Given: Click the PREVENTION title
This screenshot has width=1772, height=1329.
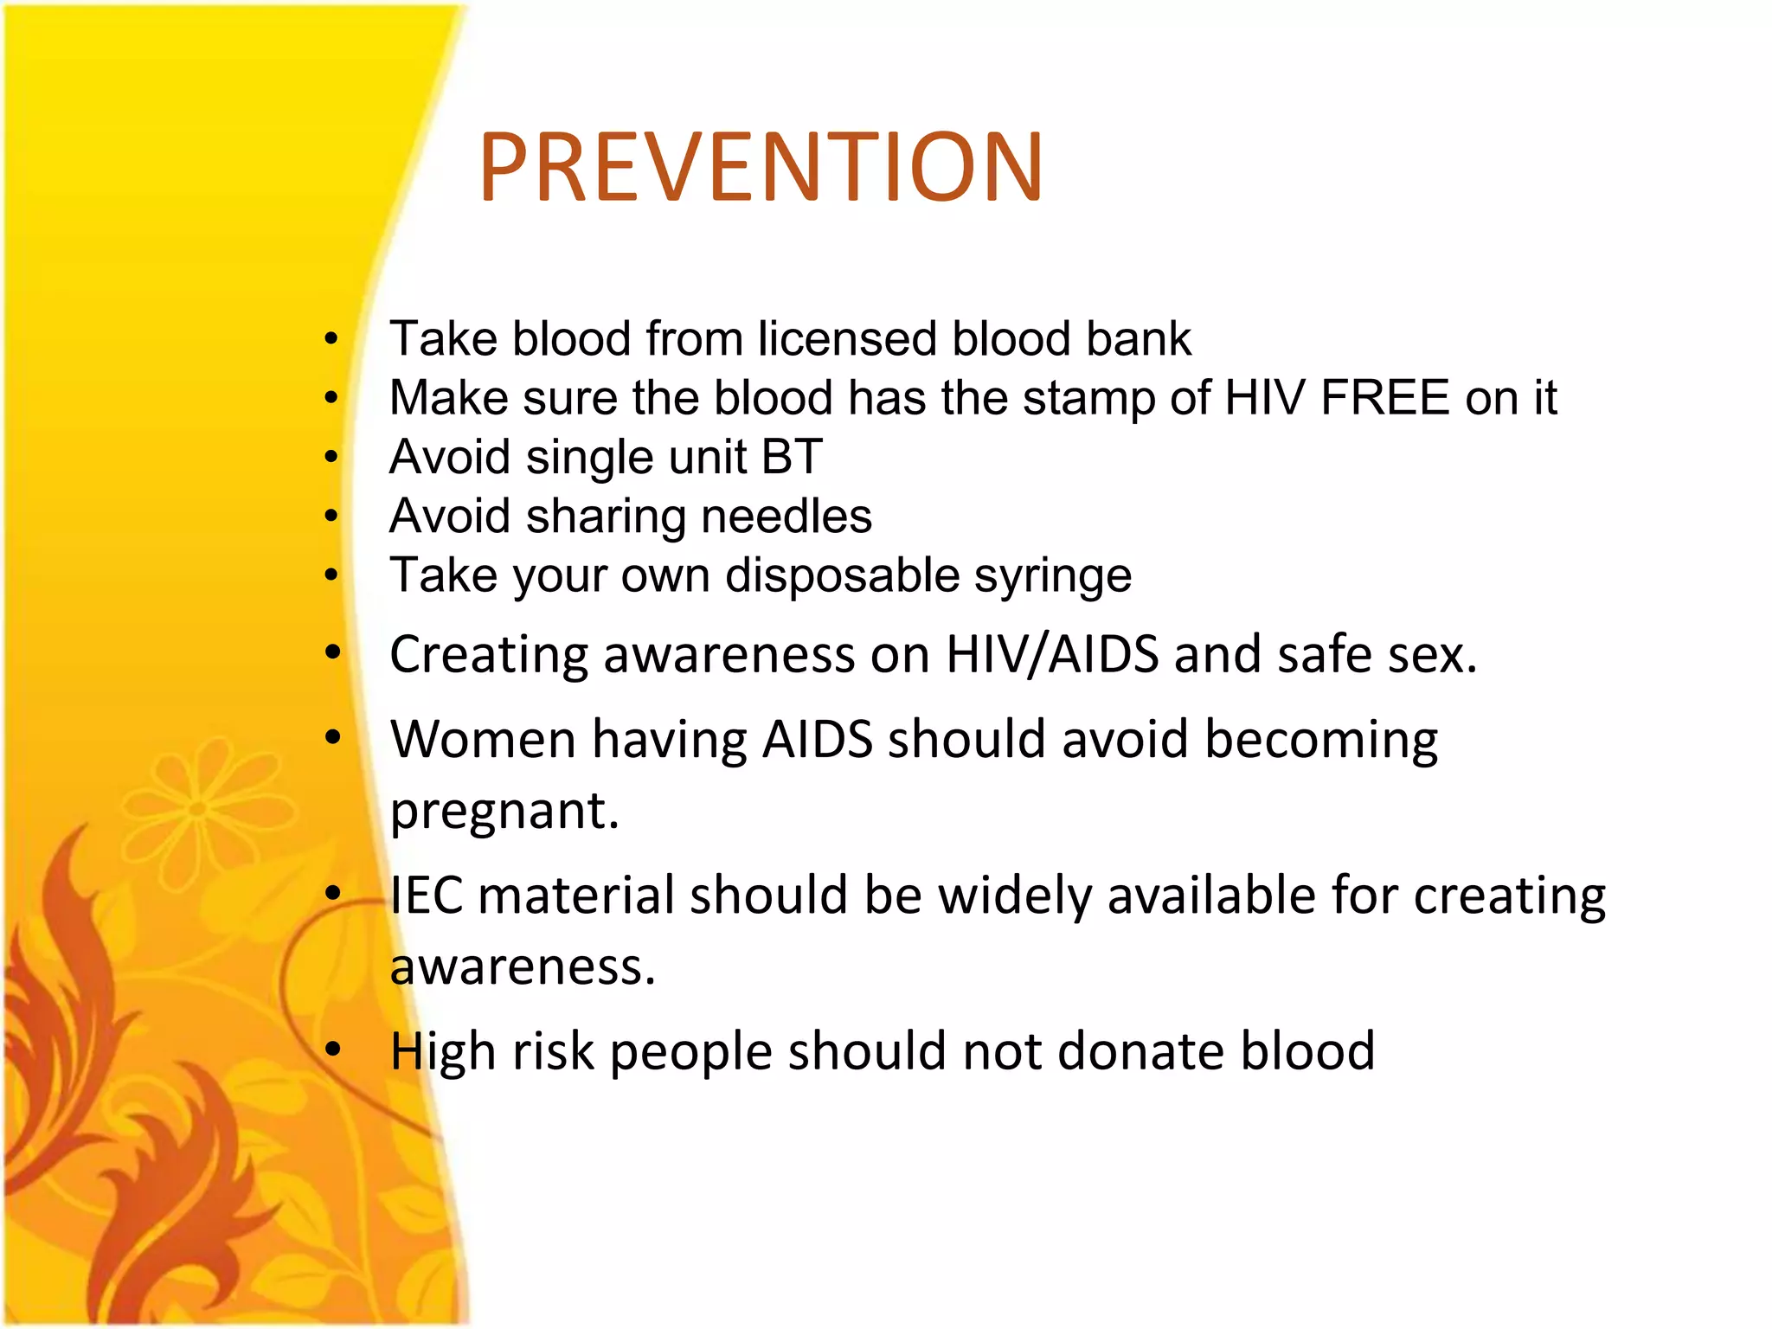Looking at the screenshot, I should tap(761, 167).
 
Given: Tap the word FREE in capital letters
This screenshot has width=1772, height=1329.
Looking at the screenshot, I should tap(1385, 398).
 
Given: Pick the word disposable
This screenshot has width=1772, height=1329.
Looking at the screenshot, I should tap(843, 575).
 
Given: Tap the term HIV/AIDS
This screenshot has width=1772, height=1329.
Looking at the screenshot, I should tap(1052, 654).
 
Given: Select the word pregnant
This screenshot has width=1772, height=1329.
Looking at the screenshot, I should tap(504, 812).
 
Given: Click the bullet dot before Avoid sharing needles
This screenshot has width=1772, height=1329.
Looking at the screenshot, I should tap(331, 517).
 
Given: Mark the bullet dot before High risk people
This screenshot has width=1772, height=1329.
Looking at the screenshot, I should tap(333, 1050).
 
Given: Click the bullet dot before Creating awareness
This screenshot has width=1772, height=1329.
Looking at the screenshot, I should tap(333, 653).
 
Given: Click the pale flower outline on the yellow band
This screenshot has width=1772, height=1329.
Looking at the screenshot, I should tap(197, 809).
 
